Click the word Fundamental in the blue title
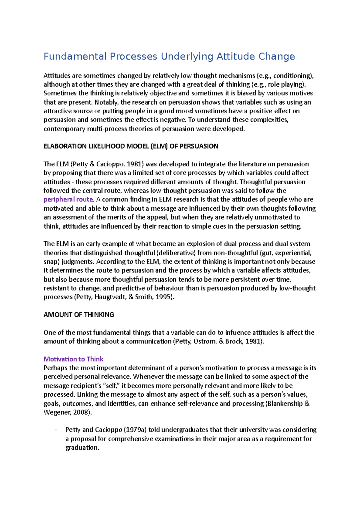(75, 56)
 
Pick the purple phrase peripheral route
(68, 200)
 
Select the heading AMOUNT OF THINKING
(79, 315)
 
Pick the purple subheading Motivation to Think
(73, 359)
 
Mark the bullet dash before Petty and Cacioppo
(56, 430)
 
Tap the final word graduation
(82, 448)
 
